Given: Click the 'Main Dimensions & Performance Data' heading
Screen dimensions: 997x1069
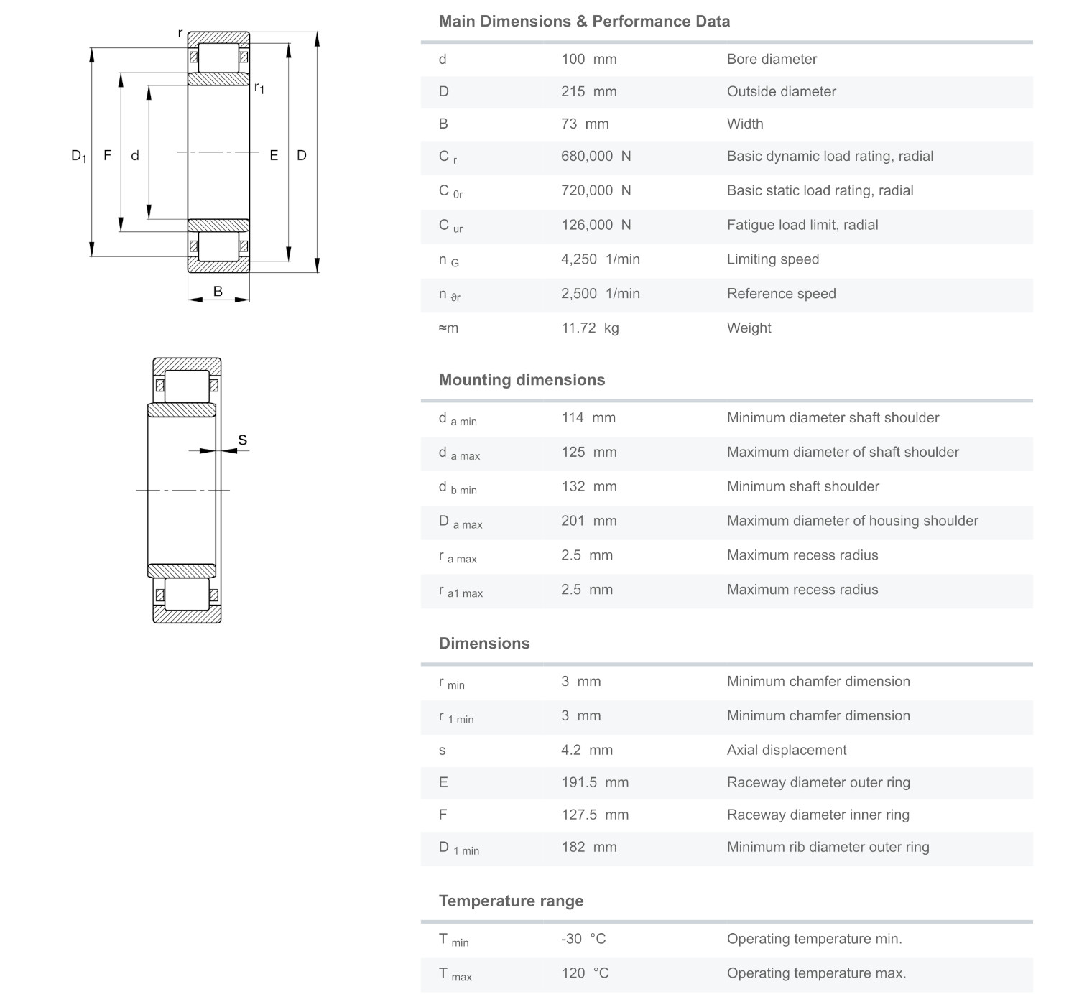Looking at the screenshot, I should coord(584,22).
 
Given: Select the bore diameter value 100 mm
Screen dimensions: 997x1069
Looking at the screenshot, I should coord(588,60).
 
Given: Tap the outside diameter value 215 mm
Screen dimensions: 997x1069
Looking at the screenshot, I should coord(588,92).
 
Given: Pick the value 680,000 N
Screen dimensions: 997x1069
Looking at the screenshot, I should coord(596,157).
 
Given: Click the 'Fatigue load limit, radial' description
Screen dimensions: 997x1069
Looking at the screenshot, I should coord(802,226).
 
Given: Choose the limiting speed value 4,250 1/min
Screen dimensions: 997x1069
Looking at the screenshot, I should coord(600,259).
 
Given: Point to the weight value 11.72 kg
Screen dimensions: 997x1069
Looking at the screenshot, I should coord(589,328).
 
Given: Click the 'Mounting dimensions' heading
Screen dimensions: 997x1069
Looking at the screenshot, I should coord(522,380).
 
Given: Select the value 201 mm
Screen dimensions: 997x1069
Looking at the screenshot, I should coord(588,521).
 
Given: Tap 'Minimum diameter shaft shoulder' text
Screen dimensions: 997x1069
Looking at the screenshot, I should coord(833,418).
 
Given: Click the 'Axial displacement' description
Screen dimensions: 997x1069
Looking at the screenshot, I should coord(786,751).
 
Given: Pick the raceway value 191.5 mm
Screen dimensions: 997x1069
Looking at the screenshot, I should coord(594,783).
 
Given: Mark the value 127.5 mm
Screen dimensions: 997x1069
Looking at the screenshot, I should coord(594,815).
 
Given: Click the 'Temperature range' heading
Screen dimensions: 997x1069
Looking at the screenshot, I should coord(511,901).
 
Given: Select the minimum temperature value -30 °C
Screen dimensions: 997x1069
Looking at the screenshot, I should coord(583,940).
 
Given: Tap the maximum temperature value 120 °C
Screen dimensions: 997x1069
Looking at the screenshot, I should coord(585,974).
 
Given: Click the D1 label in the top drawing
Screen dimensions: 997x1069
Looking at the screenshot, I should coord(78,156).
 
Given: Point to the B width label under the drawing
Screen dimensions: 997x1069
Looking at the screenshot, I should coord(218,292).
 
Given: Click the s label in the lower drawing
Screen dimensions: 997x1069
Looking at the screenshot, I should coord(242,440).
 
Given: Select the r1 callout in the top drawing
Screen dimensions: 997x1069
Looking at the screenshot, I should coord(259,88).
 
